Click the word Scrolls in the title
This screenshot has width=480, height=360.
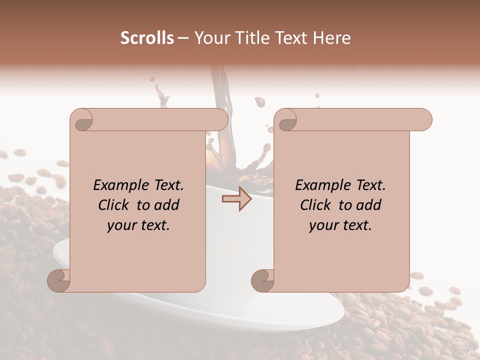click(x=147, y=38)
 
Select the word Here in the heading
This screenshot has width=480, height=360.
click(x=331, y=38)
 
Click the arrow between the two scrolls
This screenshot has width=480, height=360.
click(x=237, y=199)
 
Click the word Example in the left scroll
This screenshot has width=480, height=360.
click(x=116, y=185)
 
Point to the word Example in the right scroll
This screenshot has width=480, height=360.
click(x=318, y=185)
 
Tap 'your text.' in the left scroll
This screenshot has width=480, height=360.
click(x=138, y=225)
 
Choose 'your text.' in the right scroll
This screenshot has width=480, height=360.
click(x=340, y=225)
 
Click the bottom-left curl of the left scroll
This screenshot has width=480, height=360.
click(x=59, y=280)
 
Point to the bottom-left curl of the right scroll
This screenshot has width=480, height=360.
click(x=262, y=280)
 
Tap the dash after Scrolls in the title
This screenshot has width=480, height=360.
click(x=183, y=38)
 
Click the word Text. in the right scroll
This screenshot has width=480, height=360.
click(x=367, y=185)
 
